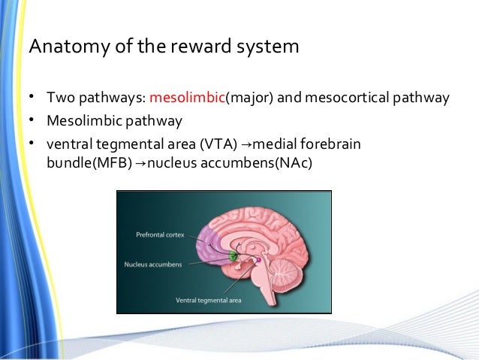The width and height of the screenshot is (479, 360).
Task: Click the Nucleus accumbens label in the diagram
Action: click(154, 265)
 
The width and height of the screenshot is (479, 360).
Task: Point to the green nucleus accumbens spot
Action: click(233, 256)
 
